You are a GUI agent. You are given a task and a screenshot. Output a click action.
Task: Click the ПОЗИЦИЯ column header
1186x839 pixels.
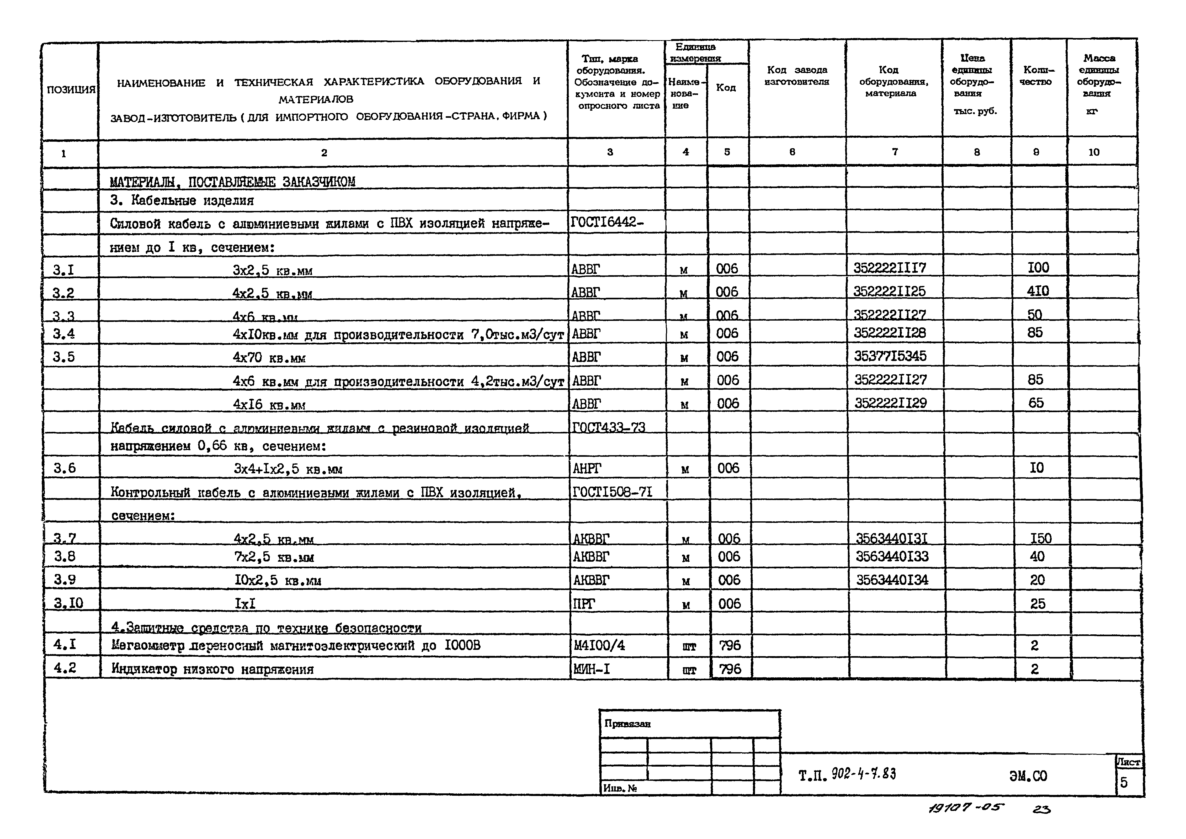point(71,89)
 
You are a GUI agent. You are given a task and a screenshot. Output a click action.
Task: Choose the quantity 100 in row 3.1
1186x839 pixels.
point(1038,268)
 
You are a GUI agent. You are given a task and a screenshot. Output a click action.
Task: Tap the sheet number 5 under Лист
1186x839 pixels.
point(1124,782)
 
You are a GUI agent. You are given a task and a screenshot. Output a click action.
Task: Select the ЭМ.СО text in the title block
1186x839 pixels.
point(1028,776)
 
